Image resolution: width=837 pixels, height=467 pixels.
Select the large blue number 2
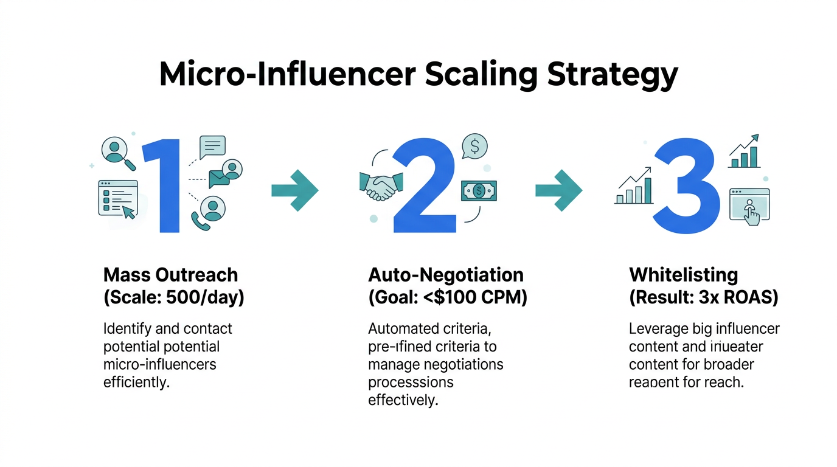(x=425, y=185)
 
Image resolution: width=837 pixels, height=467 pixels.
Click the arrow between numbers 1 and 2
(x=294, y=190)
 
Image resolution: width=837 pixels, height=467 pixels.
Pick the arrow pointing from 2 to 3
(x=558, y=190)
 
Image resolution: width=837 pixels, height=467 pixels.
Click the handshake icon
(x=381, y=187)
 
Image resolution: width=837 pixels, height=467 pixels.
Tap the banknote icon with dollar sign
(x=479, y=191)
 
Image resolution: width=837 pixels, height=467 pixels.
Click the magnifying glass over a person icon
(x=118, y=151)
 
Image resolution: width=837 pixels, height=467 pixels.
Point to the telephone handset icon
(x=200, y=221)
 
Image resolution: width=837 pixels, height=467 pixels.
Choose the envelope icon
(x=218, y=178)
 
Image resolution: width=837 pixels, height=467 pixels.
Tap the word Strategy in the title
(x=612, y=75)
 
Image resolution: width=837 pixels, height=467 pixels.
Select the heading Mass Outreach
(x=171, y=274)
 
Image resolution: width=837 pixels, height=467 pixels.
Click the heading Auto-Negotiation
(x=445, y=274)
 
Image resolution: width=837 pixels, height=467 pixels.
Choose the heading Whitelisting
(x=683, y=274)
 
